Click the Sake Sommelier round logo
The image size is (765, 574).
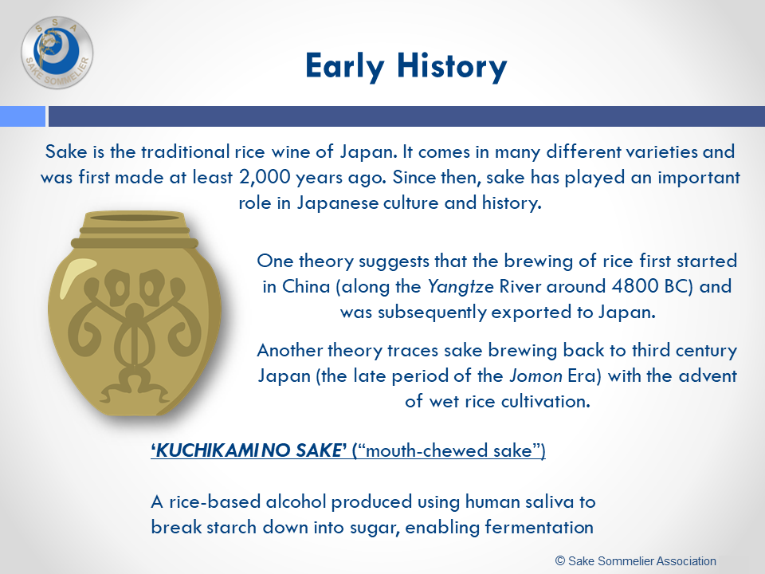(x=57, y=53)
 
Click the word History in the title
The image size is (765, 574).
(x=452, y=67)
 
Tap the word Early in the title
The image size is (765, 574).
(x=344, y=67)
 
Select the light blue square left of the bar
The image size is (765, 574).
(x=22, y=116)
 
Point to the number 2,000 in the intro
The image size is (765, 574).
(x=265, y=177)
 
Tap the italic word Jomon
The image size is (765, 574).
(x=535, y=375)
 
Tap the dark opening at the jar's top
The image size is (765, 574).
(x=135, y=218)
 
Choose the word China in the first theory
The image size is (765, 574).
(x=306, y=286)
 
